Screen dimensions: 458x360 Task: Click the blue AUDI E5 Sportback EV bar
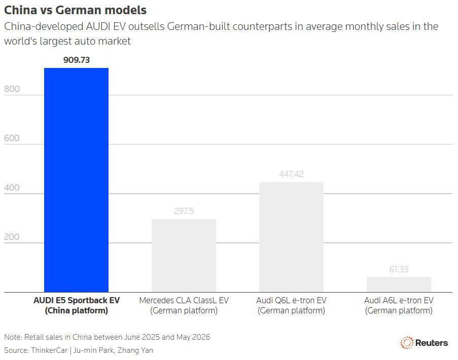click(x=76, y=180)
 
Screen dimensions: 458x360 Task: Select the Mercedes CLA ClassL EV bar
click(x=184, y=256)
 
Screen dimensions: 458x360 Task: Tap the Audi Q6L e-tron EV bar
click(x=291, y=237)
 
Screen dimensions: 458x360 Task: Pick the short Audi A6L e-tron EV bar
click(x=399, y=284)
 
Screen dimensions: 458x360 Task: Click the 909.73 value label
click(x=77, y=60)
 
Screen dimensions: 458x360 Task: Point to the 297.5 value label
click(x=184, y=211)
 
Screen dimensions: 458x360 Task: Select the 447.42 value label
click(x=291, y=174)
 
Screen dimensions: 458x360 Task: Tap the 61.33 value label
click(x=399, y=269)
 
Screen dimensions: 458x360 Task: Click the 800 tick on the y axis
click(x=12, y=89)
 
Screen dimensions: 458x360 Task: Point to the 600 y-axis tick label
click(x=12, y=138)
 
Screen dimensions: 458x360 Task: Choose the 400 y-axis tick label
click(x=12, y=188)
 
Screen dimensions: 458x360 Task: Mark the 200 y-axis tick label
click(x=12, y=236)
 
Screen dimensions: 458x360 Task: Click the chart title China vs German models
click(x=76, y=10)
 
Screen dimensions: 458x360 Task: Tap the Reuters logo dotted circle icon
click(x=407, y=343)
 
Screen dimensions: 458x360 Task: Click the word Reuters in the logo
click(x=432, y=343)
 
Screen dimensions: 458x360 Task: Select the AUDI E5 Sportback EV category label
click(x=77, y=305)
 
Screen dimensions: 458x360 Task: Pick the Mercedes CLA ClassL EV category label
click(x=184, y=305)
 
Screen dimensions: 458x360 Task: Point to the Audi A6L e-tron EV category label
click(x=399, y=305)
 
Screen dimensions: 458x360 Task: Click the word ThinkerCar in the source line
click(x=49, y=350)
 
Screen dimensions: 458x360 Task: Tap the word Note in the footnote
click(x=12, y=337)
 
